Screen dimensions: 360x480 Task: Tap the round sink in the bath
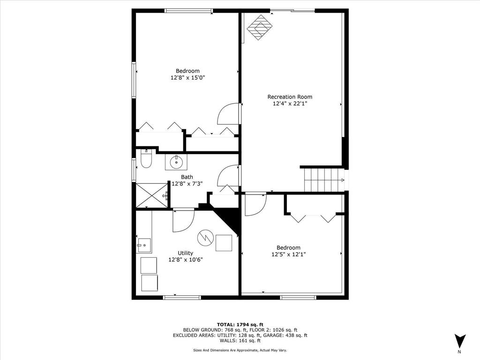coord(177,163)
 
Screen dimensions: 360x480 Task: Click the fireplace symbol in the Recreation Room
coord(259,27)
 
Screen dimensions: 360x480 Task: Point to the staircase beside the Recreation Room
coord(324,180)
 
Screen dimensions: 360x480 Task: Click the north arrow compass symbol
coord(460,341)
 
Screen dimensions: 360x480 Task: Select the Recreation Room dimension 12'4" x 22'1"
coord(290,104)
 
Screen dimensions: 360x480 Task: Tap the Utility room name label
coord(185,253)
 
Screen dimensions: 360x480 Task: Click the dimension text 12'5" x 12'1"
coord(288,255)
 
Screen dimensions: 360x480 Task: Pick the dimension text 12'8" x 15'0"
coord(187,78)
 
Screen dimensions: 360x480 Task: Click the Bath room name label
coord(187,177)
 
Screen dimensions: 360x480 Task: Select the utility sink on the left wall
coord(144,245)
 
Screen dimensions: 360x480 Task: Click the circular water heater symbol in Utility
coord(204,238)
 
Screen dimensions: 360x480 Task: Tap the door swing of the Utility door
coord(183,221)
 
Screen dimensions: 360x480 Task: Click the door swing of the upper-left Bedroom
coord(229,114)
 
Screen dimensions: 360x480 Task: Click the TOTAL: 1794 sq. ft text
coord(240,324)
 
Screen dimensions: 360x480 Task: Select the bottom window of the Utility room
coord(182,297)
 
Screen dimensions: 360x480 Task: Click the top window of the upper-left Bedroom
coord(189,11)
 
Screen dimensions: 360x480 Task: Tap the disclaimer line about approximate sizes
coord(240,350)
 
